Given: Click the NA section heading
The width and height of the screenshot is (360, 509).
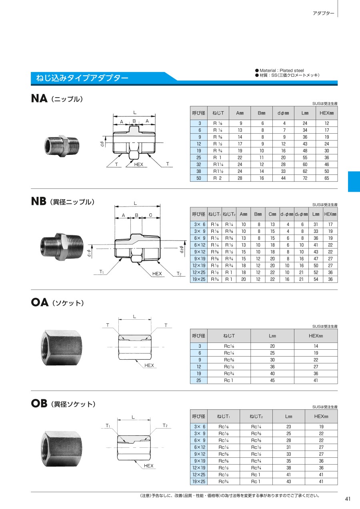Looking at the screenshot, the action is pos(57,98).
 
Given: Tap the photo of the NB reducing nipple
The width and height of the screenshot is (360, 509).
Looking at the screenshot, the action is pos(62,246).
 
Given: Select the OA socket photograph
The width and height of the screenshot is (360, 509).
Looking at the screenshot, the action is pos(62,348).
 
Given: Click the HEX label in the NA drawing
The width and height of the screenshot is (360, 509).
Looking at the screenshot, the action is pos(138,164).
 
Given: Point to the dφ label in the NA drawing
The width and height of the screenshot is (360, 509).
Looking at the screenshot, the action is pos(102,144).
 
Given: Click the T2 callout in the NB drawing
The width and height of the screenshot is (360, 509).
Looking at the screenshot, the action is pos(179,274).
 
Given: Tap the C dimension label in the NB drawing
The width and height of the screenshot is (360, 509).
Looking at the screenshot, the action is pos(150,215).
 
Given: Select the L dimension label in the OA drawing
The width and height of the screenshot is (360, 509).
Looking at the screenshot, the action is pos(134,317).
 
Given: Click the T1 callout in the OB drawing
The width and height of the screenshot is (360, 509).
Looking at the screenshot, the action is pos(108,426).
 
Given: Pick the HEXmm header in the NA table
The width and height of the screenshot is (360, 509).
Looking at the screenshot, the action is pos(327,113).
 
